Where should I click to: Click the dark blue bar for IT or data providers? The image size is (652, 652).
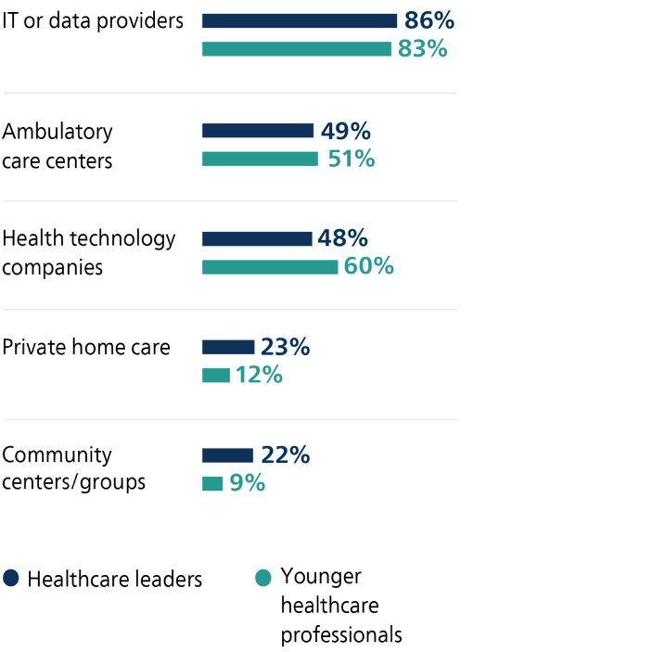pos(300,20)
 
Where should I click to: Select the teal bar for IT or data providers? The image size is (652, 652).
pos(297,49)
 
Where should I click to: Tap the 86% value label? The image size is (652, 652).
pos(428,20)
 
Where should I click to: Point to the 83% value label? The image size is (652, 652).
pos(422,49)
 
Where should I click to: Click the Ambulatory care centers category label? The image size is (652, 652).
pos(58,146)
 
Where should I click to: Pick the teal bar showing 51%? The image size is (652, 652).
pos(260,159)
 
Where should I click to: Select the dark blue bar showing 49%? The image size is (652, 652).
pos(258,131)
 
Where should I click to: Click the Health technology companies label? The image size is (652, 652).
pos(89,253)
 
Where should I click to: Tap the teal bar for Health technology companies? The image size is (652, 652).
pos(270,267)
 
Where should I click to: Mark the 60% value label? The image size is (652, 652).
pos(369,267)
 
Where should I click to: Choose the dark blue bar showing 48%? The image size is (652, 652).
pos(257,239)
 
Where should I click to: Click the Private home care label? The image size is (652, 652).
pos(86,348)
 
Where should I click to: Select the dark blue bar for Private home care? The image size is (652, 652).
pos(228,347)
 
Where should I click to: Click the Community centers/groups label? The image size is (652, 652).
pos(74,468)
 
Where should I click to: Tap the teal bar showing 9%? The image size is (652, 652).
pos(212,483)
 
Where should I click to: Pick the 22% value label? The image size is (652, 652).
pos(285,455)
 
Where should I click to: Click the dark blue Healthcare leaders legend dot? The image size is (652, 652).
pos(11,578)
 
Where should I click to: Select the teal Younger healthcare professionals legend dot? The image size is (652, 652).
pos(263,578)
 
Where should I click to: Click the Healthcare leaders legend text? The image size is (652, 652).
pos(115,579)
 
